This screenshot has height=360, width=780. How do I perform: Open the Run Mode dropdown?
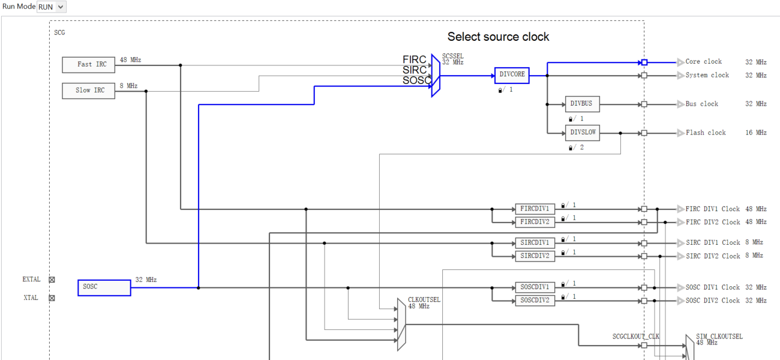point(52,7)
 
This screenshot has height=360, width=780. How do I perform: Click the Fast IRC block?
point(88,64)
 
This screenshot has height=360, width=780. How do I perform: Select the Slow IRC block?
point(88,91)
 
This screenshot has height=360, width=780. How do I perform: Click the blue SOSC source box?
point(104,287)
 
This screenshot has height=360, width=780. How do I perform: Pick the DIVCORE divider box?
point(512,75)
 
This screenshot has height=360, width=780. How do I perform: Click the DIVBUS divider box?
point(581,104)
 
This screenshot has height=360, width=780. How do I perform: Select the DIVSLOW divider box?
point(581,133)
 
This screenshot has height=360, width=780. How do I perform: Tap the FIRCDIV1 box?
point(535,209)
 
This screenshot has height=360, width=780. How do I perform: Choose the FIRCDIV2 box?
point(535,222)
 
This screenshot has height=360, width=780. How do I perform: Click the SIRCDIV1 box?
point(535,243)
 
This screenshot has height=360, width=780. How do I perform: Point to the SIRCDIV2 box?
point(535,256)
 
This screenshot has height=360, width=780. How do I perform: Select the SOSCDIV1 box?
point(535,287)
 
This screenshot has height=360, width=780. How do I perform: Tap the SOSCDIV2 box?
point(535,301)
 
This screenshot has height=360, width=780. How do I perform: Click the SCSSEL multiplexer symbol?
point(436,76)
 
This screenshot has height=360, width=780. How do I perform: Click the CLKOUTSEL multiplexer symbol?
point(401,325)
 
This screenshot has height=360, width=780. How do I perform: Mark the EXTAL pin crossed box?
point(52,280)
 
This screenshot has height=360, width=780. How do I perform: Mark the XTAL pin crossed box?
point(52,298)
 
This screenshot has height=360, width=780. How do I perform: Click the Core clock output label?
point(703,62)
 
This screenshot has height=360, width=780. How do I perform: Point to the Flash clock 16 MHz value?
point(756,133)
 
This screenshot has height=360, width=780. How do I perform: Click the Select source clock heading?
point(498,37)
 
